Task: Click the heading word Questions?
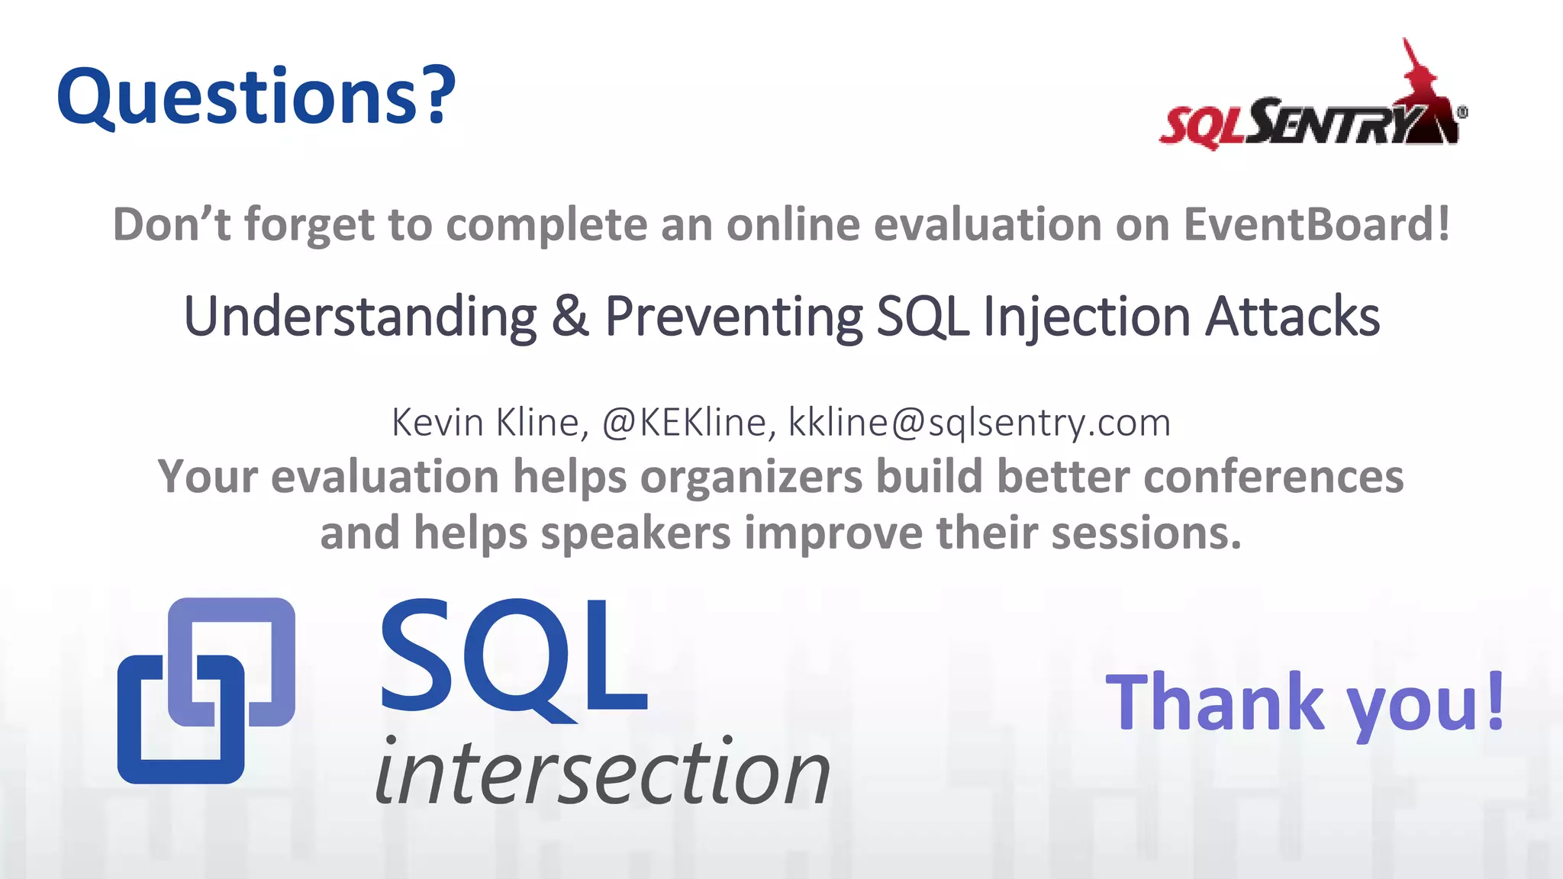click(256, 97)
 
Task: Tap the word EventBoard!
click(1316, 224)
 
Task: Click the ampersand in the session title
click(570, 316)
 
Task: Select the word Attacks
click(1292, 316)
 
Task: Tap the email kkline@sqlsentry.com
click(978, 423)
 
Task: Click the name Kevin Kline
click(488, 423)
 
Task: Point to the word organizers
click(751, 478)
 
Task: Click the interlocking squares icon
click(206, 690)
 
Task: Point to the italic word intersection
click(603, 772)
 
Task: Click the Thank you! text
click(1305, 702)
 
